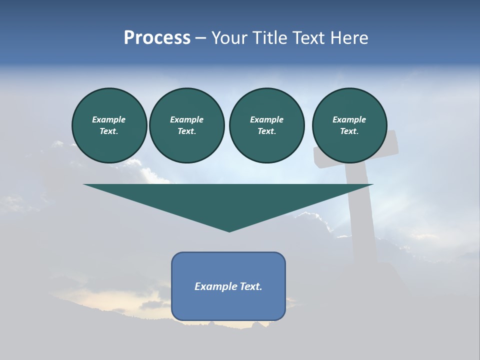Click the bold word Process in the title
157,38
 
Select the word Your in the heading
229,38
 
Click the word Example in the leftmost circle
109,119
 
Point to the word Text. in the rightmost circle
349,131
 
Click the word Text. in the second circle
187,131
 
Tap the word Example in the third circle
267,119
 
